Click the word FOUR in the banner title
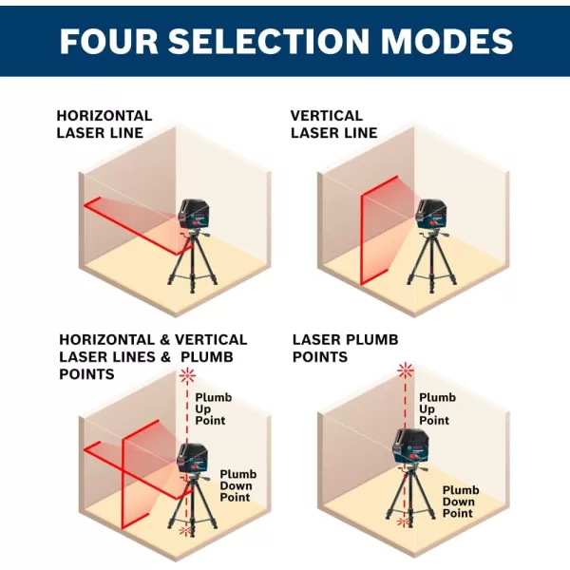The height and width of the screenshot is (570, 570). tap(109, 41)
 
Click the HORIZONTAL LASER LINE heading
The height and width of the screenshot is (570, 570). tap(104, 124)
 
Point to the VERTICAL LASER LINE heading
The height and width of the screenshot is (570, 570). tap(334, 124)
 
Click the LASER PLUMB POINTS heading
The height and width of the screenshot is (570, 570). tap(346, 349)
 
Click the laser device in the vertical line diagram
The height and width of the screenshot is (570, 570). tap(431, 215)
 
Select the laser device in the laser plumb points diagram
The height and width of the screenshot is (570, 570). tap(408, 447)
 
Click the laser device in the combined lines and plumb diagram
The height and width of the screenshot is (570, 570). tap(192, 459)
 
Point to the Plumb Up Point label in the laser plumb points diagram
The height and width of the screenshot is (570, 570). tap(437, 408)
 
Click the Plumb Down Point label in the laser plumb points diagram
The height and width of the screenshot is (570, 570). tap(461, 502)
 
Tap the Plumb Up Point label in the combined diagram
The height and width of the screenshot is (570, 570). tap(214, 408)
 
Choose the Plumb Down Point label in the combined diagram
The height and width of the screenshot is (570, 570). tap(238, 485)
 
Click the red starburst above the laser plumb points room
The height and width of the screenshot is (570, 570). tap(406, 371)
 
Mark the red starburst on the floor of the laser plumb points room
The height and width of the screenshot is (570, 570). tap(403, 522)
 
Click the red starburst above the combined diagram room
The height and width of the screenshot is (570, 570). tap(187, 375)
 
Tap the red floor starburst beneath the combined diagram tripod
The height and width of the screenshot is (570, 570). tap(186, 531)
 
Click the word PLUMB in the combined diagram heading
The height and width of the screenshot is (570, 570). tap(207, 357)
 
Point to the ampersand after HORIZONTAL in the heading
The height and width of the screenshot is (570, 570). tap(164, 340)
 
